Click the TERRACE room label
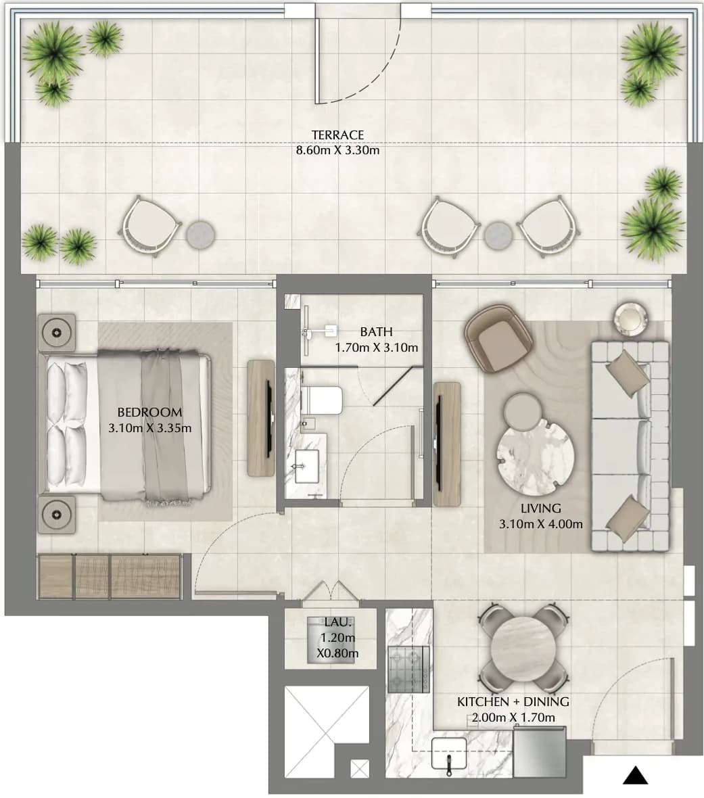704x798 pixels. [x=337, y=135]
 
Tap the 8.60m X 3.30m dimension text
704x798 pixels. [x=337, y=151]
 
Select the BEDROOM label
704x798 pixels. [x=149, y=413]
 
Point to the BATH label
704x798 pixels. [x=376, y=332]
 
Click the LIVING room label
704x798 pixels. [x=540, y=508]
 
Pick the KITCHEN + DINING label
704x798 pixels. [x=513, y=702]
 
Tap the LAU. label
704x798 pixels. [x=337, y=622]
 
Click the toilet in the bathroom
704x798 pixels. [x=321, y=400]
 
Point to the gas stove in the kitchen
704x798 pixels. [x=408, y=670]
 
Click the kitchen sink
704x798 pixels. [x=449, y=754]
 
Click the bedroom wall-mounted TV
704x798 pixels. [x=268, y=419]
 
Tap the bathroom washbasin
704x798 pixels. [x=307, y=466]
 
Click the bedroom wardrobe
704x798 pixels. [x=110, y=577]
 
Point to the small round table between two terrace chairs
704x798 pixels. [x=498, y=236]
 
